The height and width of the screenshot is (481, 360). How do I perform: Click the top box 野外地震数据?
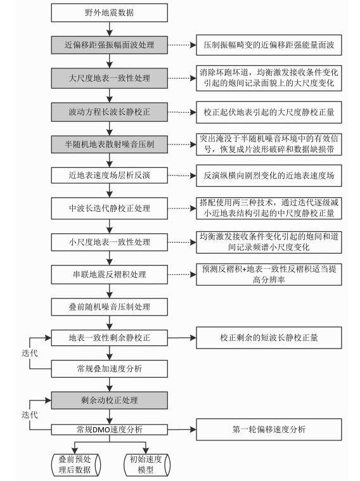click(109, 13)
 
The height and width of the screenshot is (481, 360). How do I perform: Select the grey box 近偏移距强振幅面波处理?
click(109, 45)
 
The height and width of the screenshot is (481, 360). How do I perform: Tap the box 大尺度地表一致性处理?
click(109, 78)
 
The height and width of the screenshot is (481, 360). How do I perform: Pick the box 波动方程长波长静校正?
click(109, 112)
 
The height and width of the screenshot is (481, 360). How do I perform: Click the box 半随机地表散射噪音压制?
click(109, 144)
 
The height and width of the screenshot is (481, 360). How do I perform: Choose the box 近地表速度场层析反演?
click(109, 175)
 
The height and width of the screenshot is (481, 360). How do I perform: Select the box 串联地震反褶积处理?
click(109, 274)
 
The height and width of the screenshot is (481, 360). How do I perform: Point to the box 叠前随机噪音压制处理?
click(109, 307)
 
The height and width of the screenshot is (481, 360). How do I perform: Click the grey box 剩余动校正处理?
click(109, 400)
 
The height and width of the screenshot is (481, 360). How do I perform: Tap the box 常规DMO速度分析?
click(109, 430)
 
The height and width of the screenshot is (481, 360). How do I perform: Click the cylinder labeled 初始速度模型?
click(146, 465)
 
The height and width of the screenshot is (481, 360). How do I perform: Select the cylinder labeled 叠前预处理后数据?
click(76, 465)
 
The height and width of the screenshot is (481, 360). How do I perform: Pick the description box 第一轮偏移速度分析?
click(269, 429)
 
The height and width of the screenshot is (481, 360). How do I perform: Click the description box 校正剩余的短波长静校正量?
click(269, 338)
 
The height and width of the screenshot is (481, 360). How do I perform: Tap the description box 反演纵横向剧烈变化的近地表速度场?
click(269, 176)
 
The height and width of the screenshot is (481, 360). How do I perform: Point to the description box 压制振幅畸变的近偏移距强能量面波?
click(269, 45)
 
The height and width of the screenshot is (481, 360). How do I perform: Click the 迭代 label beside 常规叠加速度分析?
click(30, 353)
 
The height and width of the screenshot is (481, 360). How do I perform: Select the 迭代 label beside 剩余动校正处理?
click(30, 414)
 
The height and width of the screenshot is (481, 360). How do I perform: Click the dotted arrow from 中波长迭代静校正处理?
click(182, 208)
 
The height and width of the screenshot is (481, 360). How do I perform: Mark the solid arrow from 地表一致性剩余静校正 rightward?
click(182, 338)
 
